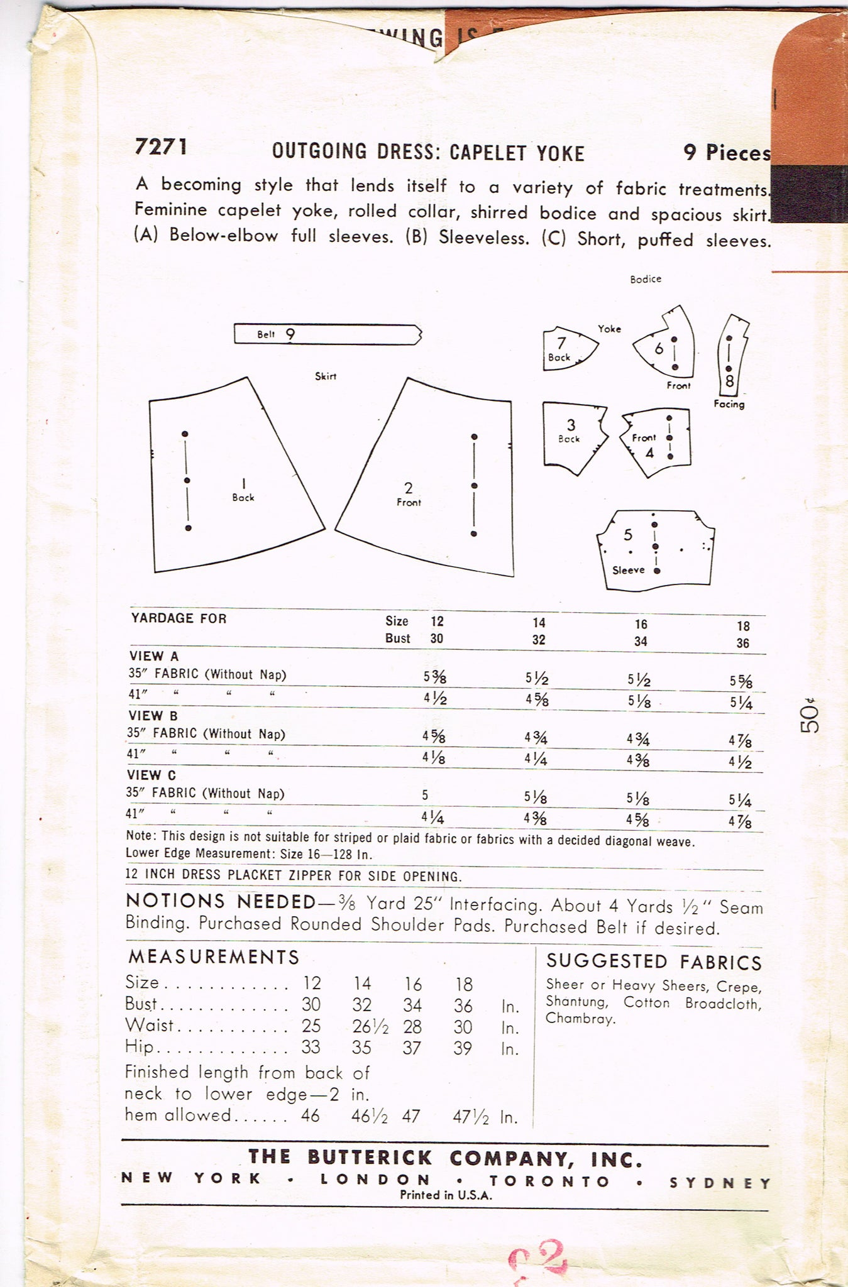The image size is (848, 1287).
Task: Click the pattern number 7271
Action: tap(161, 146)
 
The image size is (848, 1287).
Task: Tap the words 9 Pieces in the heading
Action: tap(727, 152)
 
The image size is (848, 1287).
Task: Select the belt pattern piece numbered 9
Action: tap(327, 334)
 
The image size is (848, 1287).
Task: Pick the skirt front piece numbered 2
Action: tap(427, 484)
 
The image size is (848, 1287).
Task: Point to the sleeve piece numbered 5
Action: tap(654, 550)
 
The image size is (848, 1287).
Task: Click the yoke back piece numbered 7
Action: tap(566, 349)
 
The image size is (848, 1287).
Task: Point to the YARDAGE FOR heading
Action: tap(179, 618)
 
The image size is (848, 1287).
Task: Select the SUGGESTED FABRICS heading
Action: tap(654, 962)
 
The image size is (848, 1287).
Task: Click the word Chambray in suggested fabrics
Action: tap(580, 1019)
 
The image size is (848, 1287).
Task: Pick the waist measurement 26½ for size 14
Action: tap(370, 1027)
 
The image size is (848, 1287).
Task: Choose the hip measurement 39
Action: tap(463, 1048)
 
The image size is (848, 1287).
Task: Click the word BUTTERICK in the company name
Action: tap(370, 1158)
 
